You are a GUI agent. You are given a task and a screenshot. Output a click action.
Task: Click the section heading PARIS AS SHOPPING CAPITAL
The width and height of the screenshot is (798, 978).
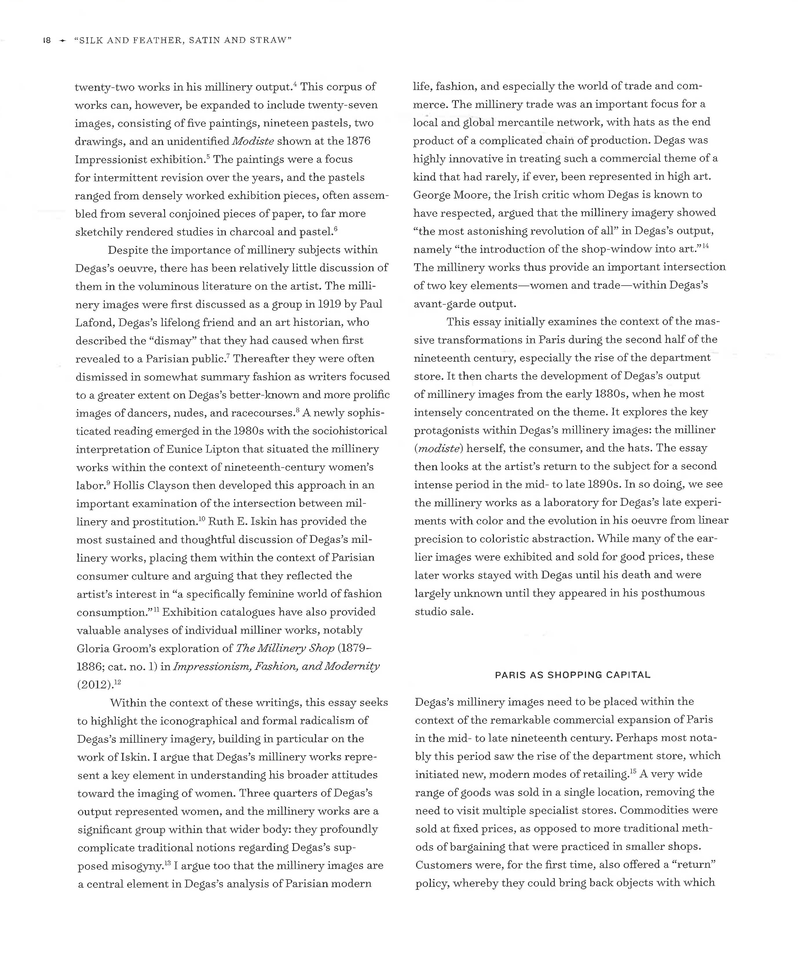click(572, 675)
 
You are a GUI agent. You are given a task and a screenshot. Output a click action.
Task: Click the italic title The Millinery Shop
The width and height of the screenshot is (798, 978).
click(285, 648)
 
